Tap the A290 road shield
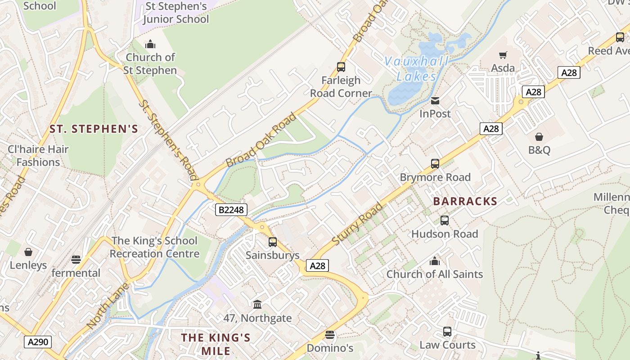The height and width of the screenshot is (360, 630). pos(38,342)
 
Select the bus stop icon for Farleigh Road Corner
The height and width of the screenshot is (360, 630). pos(341,67)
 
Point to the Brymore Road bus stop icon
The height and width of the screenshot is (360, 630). pos(435,164)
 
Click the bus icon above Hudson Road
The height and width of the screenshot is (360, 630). pos(445,220)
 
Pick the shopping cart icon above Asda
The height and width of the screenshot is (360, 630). pos(503,55)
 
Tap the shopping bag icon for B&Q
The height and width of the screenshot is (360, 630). pos(539,137)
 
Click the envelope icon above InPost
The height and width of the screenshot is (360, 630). pos(435,101)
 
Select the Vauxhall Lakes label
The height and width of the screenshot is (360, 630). pos(416,69)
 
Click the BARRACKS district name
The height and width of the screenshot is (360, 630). pos(465,201)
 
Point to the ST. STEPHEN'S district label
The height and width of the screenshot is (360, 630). pos(94,129)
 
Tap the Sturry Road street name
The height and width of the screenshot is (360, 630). pos(357,224)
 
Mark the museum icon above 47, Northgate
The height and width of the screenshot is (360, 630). pos(257,305)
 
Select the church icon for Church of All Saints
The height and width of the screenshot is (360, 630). pos(435,261)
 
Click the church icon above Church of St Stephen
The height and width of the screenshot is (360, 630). pos(150,44)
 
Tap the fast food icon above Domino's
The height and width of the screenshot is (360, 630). pos(330,335)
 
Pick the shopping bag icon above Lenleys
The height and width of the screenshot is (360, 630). pos(28,252)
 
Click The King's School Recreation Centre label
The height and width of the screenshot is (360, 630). pos(154,247)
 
